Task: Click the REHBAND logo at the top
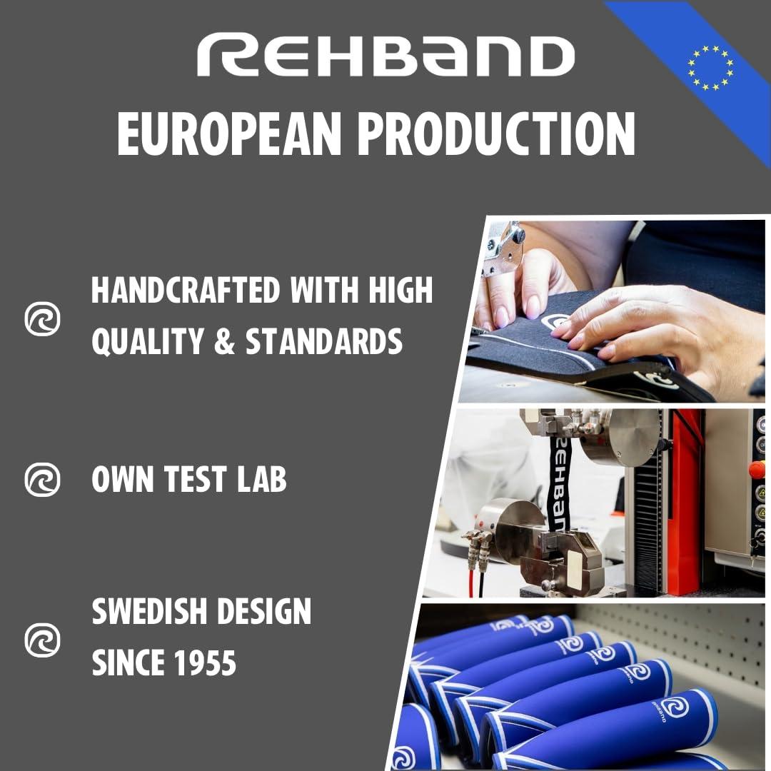tap(385, 56)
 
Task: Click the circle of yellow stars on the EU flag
tap(710, 68)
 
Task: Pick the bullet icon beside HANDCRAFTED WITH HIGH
tap(43, 318)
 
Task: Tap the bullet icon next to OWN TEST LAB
tap(43, 479)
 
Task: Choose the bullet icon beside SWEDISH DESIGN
tap(43, 638)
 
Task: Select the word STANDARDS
tap(324, 343)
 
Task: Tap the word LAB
tap(260, 480)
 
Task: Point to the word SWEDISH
tap(150, 613)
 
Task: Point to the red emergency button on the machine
tap(757, 470)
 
